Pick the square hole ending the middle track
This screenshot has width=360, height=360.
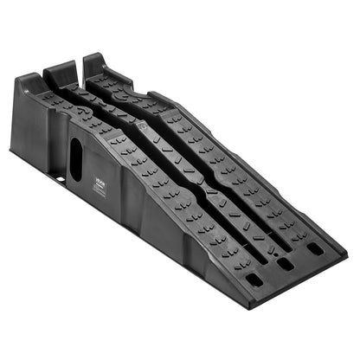tap(284, 264)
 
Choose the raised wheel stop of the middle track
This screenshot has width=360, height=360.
tap(61, 69)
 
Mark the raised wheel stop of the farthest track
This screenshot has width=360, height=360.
tap(93, 62)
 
